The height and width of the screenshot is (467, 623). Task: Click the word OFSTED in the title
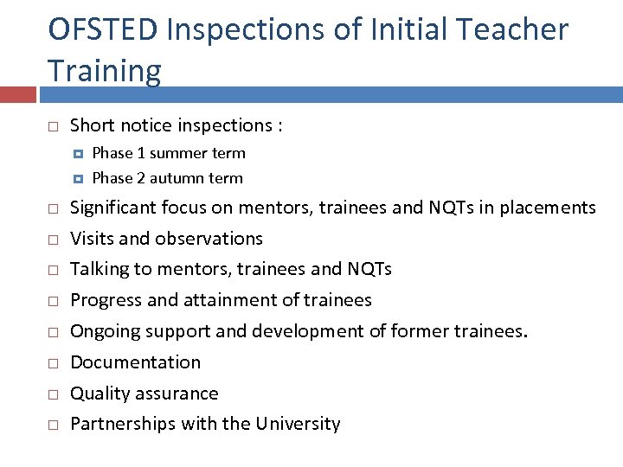tap(103, 29)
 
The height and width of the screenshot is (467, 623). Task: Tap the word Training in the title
tap(105, 71)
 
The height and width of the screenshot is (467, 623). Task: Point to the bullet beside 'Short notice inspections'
tap(52, 126)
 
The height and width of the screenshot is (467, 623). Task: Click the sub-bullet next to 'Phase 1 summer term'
tap(78, 153)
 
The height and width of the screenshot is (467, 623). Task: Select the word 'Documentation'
tap(135, 362)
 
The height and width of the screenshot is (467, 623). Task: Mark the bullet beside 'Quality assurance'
tap(52, 394)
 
